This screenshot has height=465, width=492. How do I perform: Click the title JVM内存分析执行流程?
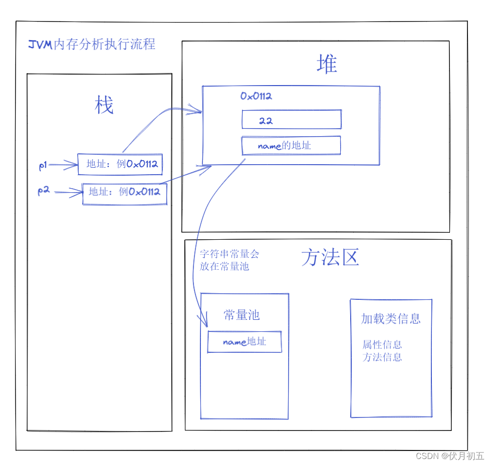92,45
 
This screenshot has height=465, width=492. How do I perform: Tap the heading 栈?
104,106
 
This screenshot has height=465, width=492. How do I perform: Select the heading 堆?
327,65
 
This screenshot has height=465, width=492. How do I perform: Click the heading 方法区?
330,258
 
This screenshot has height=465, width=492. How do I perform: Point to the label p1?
43,166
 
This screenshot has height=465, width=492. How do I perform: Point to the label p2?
44,191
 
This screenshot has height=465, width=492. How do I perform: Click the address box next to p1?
120,164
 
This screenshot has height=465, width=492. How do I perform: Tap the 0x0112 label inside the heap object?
256,96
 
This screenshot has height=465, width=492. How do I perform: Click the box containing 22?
291,120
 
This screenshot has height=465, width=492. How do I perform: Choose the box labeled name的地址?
291,146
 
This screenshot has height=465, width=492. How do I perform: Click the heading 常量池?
241,315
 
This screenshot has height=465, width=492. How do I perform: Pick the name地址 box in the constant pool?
244,342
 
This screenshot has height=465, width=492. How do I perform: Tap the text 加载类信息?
391,319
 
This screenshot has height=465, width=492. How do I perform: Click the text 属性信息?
382,345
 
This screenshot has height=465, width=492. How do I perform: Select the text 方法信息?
382,357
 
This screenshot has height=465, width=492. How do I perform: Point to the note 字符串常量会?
229,254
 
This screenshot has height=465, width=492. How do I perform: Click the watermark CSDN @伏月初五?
450,456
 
